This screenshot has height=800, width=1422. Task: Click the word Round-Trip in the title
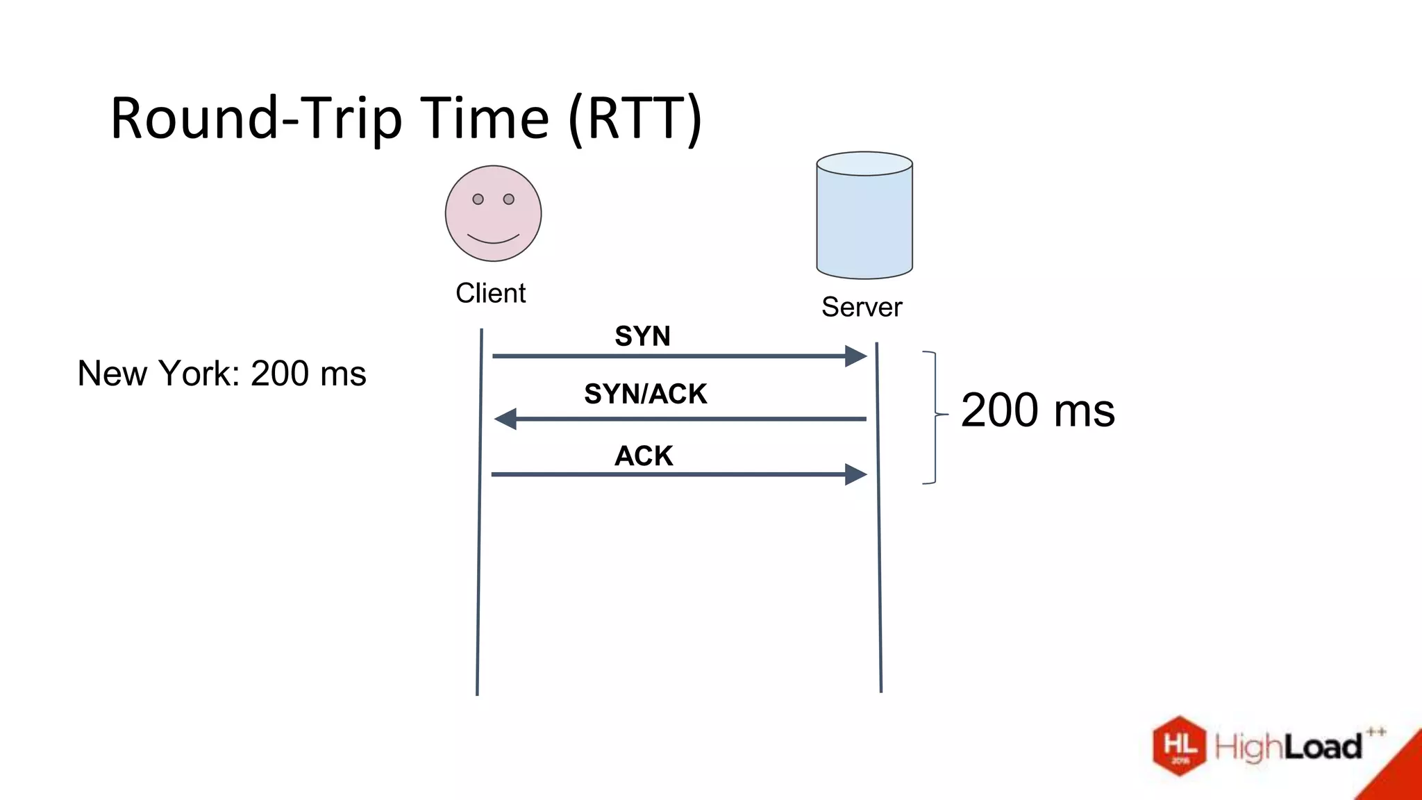[x=256, y=119]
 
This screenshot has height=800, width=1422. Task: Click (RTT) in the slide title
[x=635, y=119]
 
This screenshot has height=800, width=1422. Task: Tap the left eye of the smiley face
[x=478, y=199]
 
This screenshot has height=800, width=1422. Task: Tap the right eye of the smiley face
[x=509, y=199]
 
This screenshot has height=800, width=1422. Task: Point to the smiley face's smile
[x=493, y=240]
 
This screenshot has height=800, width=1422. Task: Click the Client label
[x=490, y=293]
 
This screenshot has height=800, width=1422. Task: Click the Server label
[x=862, y=307]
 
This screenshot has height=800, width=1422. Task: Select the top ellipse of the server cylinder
[x=864, y=164]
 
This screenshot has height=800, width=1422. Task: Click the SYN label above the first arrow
[x=642, y=336]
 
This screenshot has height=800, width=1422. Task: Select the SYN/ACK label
[x=645, y=394]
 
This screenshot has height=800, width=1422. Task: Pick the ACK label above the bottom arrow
[x=644, y=456]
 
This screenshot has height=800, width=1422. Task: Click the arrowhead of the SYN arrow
[x=856, y=356]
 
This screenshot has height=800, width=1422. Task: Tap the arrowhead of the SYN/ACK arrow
[x=505, y=419]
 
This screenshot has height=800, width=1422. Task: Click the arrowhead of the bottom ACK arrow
[x=856, y=474]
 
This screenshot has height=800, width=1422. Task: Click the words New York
[x=158, y=374]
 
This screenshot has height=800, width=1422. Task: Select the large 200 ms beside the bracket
[x=1037, y=410]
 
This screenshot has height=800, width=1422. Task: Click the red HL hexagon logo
[x=1180, y=746]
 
